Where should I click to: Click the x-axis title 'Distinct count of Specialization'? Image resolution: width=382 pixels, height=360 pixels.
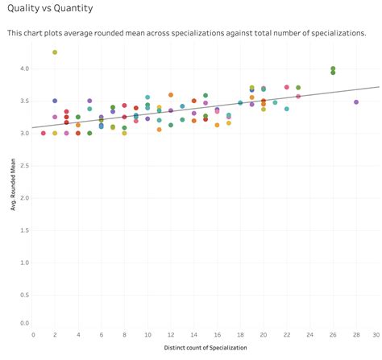(x=206, y=348)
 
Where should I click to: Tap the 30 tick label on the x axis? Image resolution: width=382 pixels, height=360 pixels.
(x=376, y=334)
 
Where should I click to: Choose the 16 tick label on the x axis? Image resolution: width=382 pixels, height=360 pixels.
(x=217, y=334)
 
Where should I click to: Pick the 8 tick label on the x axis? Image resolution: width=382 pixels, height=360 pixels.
(x=124, y=334)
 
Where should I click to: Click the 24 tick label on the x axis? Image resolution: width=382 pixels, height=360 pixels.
(x=309, y=334)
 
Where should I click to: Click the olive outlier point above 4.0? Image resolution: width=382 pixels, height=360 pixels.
(x=55, y=52)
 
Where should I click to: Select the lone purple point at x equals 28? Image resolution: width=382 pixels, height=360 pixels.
(x=356, y=102)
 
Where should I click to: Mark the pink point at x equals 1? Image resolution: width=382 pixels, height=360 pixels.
(x=44, y=133)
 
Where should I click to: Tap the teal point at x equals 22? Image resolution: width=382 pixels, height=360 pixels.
(x=287, y=109)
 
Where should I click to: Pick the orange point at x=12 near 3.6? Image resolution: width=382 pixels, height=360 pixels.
(x=171, y=95)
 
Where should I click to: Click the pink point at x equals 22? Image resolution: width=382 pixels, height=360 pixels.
(x=287, y=87)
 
